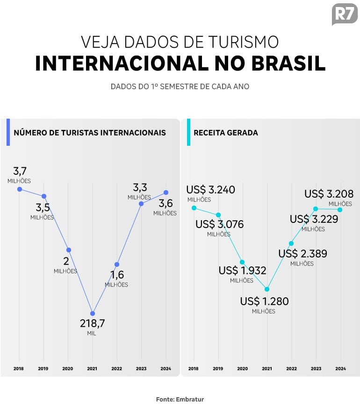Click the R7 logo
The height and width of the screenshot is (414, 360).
point(344,14)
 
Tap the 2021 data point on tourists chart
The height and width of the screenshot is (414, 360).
point(93,314)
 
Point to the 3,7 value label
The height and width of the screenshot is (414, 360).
point(19,171)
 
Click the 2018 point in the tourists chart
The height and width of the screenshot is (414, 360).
point(20,189)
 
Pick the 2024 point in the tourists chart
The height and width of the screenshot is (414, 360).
point(166,193)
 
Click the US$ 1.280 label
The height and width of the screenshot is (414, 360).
point(264,301)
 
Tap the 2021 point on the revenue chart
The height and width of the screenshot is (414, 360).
point(267,289)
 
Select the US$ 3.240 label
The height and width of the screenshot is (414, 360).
point(210,190)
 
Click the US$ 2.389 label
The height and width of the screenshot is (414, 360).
point(302,254)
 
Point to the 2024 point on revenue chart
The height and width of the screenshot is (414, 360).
point(340,209)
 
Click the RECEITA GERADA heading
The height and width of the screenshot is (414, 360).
point(225,133)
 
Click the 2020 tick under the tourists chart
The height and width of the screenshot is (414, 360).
point(68,369)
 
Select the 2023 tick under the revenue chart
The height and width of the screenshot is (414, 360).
point(316,369)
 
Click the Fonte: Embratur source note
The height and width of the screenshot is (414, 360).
point(180,400)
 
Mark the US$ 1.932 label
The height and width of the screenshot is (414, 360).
point(242,271)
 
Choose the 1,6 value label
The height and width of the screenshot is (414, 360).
point(117,275)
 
